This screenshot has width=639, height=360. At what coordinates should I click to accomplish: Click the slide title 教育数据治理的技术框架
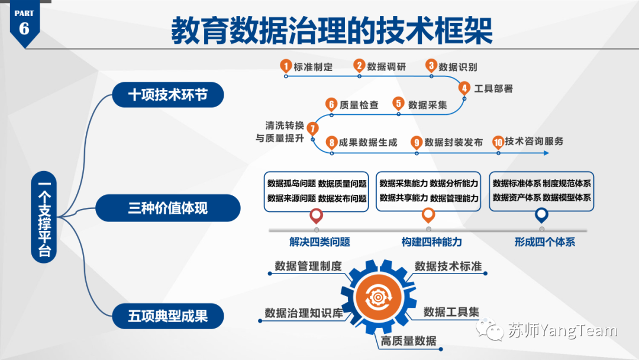332,30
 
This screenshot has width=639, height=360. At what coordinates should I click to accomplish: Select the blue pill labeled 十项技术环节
168,95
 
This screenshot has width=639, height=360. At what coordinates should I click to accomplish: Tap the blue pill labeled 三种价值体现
168,208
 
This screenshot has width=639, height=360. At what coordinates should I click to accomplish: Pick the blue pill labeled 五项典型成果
168,316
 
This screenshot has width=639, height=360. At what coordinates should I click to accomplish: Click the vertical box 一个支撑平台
45,217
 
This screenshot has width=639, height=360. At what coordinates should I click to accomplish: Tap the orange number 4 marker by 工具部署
465,89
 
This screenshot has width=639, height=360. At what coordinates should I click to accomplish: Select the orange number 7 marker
313,128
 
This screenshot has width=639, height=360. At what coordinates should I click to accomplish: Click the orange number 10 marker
498,142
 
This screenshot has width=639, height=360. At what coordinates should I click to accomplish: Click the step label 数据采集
428,105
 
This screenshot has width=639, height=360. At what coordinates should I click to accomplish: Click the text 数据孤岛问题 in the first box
291,184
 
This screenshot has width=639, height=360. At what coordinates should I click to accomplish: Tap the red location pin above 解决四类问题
317,216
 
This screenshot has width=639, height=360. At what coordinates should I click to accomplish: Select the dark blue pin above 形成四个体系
541,215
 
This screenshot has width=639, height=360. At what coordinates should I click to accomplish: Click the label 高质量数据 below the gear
409,340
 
